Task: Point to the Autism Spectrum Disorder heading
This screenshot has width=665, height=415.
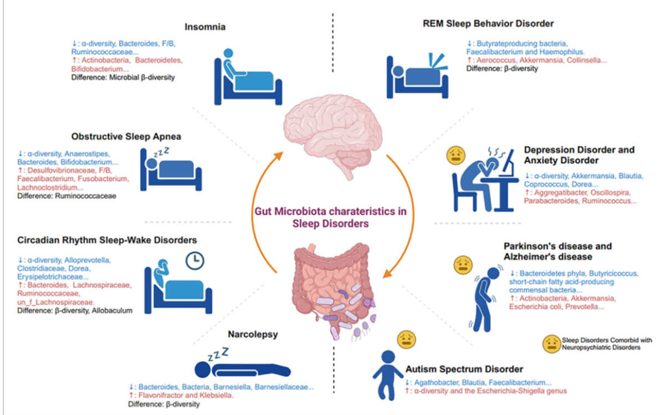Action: [464, 369]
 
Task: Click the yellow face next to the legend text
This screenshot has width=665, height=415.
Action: [550, 344]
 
